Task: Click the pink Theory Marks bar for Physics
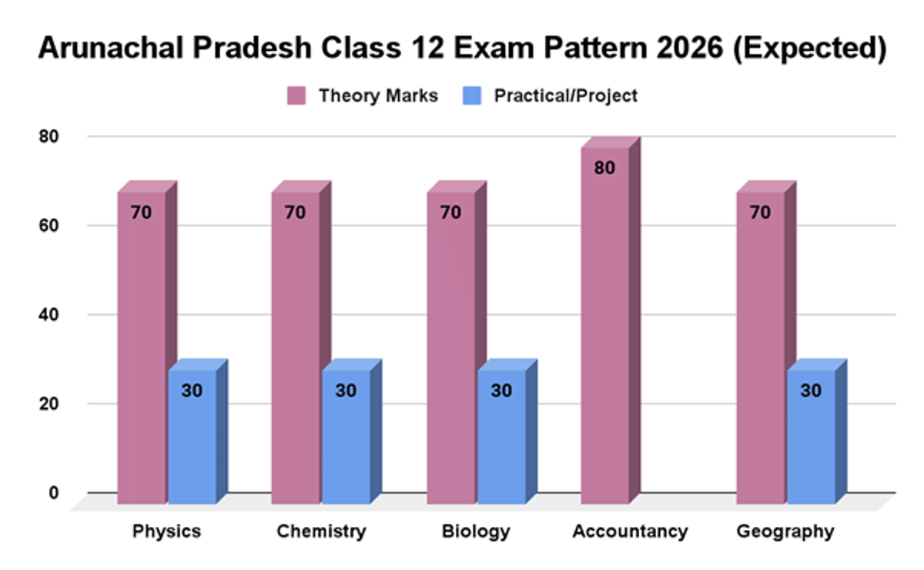tap(141, 347)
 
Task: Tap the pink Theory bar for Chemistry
tap(295, 347)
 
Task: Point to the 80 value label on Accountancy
tap(604, 167)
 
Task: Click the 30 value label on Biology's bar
tap(501, 391)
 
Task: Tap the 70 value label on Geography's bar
tap(760, 213)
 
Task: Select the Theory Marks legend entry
tap(363, 96)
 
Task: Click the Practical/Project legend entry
tap(551, 96)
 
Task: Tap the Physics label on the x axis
tap(167, 531)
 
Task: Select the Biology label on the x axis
tap(476, 531)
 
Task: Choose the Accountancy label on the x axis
tap(630, 531)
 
